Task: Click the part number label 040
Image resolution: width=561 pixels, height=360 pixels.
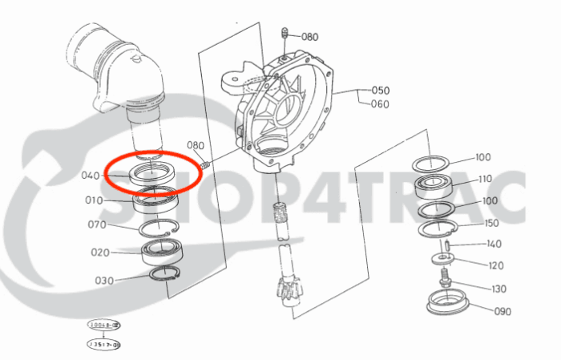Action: pos(91,176)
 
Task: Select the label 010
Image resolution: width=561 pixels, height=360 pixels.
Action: pos(95,200)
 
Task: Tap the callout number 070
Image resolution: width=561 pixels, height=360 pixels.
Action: pos(97,224)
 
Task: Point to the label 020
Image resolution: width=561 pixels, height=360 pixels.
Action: pos(100,253)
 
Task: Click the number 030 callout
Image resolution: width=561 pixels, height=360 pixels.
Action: pos(104,280)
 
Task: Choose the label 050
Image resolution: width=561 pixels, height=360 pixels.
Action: pos(380,91)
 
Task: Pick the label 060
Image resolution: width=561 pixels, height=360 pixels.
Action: pos(380,104)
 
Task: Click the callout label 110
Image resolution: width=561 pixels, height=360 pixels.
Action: pos(485,179)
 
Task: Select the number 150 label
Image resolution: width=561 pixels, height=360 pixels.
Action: pos(491,223)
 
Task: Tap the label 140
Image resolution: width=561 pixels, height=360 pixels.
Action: pos(494,244)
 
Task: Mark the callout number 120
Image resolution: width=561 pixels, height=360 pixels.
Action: pos(496,265)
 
